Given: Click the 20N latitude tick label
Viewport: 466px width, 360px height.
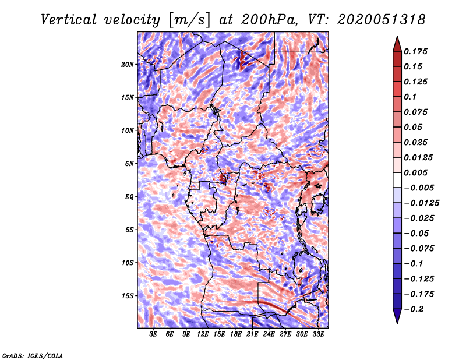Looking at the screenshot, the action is click(127, 64).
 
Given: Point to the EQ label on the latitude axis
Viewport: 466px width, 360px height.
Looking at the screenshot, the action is click(129, 196).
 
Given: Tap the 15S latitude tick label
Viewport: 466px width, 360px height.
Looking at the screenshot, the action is click(128, 296).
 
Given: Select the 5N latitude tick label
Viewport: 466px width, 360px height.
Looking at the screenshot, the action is click(129, 164).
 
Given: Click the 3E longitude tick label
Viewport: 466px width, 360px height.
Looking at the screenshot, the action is click(153, 334).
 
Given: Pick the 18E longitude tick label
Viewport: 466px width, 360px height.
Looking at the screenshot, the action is click(236, 334).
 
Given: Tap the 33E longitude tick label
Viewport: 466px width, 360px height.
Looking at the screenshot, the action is click(318, 334).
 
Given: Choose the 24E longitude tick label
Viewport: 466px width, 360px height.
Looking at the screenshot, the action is click(269, 334).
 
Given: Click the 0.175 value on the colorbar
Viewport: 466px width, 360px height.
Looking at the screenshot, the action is click(415, 51).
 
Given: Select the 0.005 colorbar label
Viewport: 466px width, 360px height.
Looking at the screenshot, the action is click(415, 172).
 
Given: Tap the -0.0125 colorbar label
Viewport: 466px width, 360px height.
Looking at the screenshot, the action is click(421, 203).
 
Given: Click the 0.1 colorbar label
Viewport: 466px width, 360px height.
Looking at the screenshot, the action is click(411, 97).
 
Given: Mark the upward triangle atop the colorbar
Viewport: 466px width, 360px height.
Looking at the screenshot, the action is click(397, 44).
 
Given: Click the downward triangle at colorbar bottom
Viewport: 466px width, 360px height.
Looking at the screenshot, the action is click(397, 316).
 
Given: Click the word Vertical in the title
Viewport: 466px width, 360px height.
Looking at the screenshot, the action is click(69, 20).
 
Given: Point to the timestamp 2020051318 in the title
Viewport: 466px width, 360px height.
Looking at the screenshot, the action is click(382, 20).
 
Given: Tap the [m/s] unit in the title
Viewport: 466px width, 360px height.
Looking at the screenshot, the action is click(189, 20).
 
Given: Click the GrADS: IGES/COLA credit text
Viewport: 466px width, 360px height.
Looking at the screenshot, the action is click(33, 355).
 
